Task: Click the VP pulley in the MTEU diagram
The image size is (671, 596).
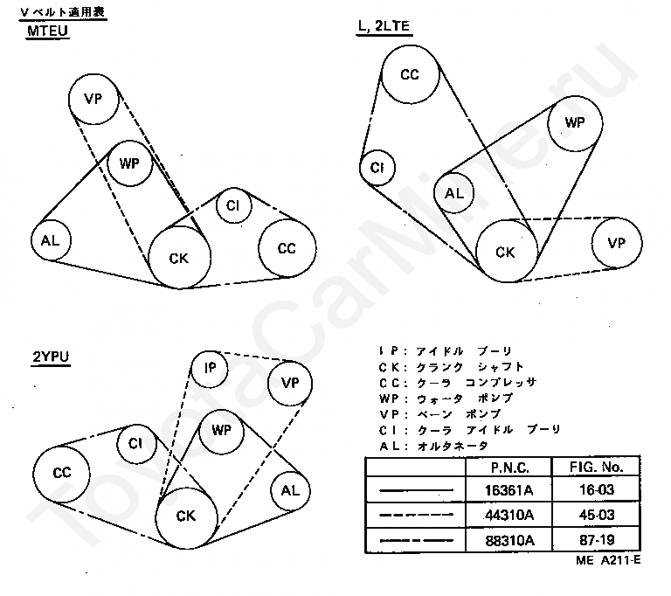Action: pos(93,98)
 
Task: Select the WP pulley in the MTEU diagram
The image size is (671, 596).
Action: pos(130,163)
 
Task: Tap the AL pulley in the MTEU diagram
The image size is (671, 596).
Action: pos(52,240)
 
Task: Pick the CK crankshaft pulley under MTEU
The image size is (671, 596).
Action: pos(178,258)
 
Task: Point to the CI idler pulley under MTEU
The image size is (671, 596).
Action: pos(233,205)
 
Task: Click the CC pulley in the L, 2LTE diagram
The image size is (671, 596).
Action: pos(410,74)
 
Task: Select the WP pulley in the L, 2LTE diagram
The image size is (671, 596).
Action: pos(575,122)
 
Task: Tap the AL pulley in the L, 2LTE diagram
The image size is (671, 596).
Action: pos(454,194)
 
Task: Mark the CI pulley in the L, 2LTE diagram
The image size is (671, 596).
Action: pos(377,167)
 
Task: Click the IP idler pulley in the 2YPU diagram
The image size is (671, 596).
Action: pos(210,369)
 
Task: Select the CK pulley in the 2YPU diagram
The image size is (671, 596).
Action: pos(185,516)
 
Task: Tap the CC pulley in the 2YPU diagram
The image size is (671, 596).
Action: pos(61,473)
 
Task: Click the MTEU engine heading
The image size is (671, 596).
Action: pos(49,31)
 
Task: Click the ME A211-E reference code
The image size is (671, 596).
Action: pos(608,562)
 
